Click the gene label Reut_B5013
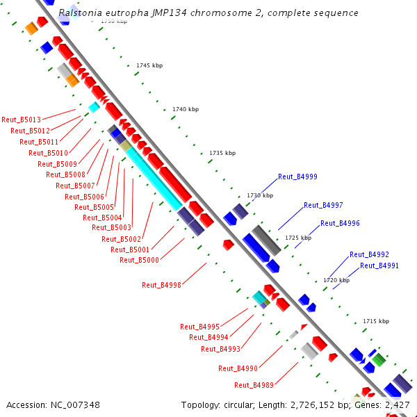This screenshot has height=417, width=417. click(21, 120)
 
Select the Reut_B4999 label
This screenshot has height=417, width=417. click(297, 177)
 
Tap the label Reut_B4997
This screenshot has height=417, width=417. click(323, 205)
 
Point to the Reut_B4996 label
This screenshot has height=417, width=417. click(340, 223)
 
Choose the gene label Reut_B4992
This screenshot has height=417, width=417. click(369, 254)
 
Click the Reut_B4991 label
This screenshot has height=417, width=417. click(379, 265)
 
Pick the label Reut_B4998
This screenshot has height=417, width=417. click(161, 285)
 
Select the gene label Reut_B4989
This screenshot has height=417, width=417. click(254, 385)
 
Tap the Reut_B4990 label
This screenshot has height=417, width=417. click(238, 368)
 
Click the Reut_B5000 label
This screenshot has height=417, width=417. click(139, 260)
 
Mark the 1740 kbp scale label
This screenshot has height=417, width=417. click(186, 109)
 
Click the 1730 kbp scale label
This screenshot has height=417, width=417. click(260, 196)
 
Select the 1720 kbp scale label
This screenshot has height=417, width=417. click(336, 280)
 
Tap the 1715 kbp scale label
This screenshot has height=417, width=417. click(376, 321)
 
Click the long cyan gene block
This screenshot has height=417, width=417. click(154, 177)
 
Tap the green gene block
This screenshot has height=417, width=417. click(378, 359)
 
